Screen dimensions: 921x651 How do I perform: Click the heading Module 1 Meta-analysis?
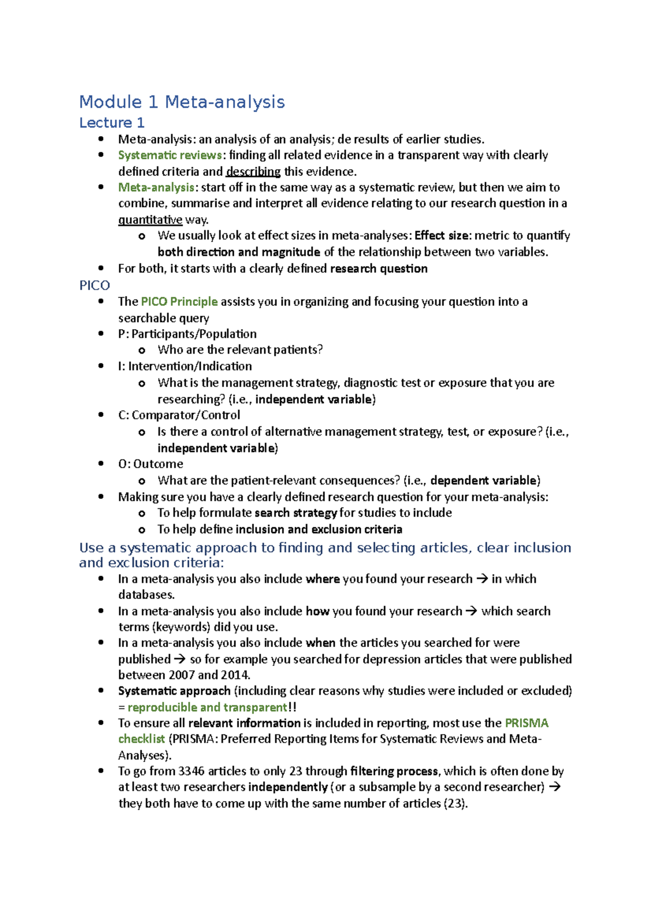pyautogui.click(x=182, y=102)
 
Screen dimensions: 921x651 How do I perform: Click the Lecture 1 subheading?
pyautogui.click(x=112, y=123)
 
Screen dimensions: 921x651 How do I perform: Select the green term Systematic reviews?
pyautogui.click(x=170, y=155)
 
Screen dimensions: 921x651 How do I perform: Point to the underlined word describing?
pyautogui.click(x=253, y=172)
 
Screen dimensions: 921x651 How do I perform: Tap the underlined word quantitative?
pyautogui.click(x=150, y=220)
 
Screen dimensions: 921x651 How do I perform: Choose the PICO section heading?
pyautogui.click(x=94, y=285)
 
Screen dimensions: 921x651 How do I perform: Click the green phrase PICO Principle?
pyautogui.click(x=179, y=302)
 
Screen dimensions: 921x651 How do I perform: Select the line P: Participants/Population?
pyautogui.click(x=187, y=334)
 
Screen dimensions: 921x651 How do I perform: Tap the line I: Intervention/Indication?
pyautogui.click(x=185, y=366)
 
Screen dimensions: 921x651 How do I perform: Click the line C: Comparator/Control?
pyautogui.click(x=179, y=415)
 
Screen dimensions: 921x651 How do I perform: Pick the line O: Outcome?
pyautogui.click(x=150, y=464)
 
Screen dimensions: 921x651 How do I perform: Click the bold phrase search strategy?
pyautogui.click(x=296, y=513)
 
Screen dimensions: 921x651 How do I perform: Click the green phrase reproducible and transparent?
pyautogui.click(x=207, y=707)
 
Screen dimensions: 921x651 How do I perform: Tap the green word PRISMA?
pyautogui.click(x=526, y=723)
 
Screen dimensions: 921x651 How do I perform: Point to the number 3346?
pyautogui.click(x=192, y=771)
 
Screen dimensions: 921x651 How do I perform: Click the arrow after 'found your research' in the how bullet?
pyautogui.click(x=471, y=611)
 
